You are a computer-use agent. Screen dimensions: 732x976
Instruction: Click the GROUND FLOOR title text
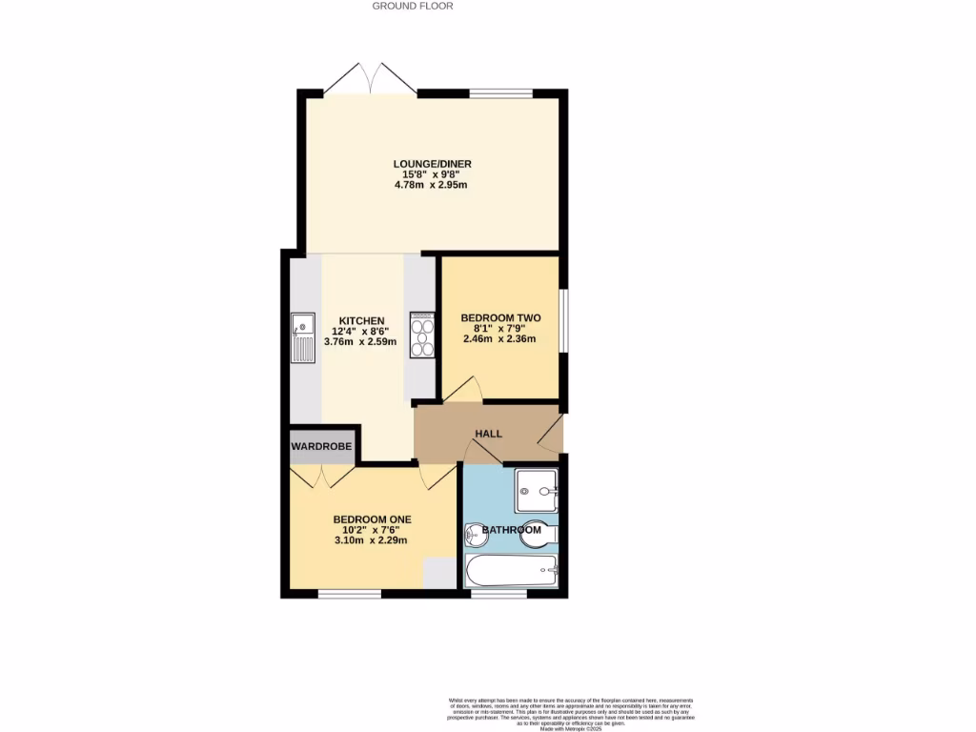pos(412,6)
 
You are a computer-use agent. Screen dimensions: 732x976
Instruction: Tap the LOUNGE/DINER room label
pos(432,164)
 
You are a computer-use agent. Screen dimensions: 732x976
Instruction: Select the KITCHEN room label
pos(361,321)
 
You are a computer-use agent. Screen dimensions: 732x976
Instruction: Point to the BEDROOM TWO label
pos(500,317)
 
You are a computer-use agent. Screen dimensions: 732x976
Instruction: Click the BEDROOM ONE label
pos(371,519)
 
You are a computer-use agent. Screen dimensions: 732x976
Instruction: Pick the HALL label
pos(488,434)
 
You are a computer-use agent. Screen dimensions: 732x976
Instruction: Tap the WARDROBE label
pos(321,446)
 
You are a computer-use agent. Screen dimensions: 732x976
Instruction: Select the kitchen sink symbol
pos(302,338)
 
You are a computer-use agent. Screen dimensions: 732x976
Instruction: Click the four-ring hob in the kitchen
pos(422,335)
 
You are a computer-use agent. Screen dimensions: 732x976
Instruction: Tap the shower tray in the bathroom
pos(537,492)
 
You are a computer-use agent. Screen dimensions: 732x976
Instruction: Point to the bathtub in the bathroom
pos(511,571)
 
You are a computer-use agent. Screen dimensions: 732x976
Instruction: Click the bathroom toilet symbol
pos(539,537)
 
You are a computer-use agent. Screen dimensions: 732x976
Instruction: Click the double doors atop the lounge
pos(370,79)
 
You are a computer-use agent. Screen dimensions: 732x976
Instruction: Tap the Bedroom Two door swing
pos(465,389)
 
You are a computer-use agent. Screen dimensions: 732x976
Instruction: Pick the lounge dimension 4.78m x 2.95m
pos(432,185)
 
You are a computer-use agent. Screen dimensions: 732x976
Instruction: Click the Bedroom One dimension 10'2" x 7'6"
pos(371,530)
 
